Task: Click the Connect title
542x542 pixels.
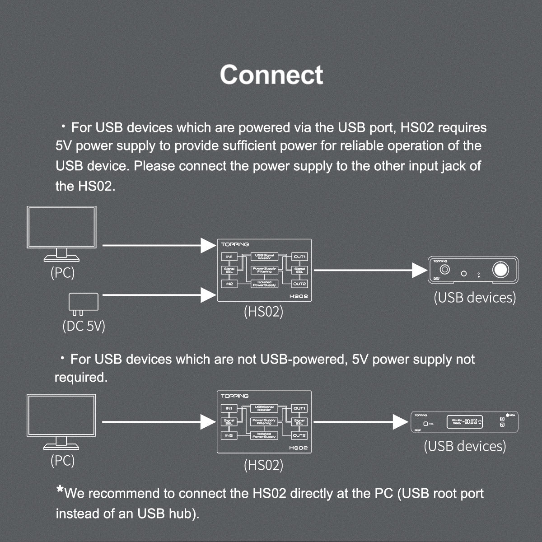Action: pos(271,75)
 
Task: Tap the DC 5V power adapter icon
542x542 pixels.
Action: pos(83,303)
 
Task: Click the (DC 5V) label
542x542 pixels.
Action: pos(84,326)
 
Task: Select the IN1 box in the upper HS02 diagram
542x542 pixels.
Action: pos(229,257)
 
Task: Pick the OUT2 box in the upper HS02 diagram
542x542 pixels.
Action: pos(299,284)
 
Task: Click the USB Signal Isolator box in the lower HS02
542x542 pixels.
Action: pos(264,408)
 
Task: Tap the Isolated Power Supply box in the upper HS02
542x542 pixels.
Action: pos(264,284)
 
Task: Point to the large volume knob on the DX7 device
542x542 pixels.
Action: pos(500,270)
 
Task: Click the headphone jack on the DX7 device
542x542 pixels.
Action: pos(445,270)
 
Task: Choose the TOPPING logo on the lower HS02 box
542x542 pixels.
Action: pos(234,396)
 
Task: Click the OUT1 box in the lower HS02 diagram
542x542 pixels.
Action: pos(299,408)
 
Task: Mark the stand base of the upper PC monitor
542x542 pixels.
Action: pos(61,259)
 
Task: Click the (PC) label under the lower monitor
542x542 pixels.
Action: pos(62,460)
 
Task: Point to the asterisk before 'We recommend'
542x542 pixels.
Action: pos(60,490)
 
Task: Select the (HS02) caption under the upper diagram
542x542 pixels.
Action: pos(263,311)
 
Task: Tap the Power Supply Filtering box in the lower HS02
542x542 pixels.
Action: pos(264,422)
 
